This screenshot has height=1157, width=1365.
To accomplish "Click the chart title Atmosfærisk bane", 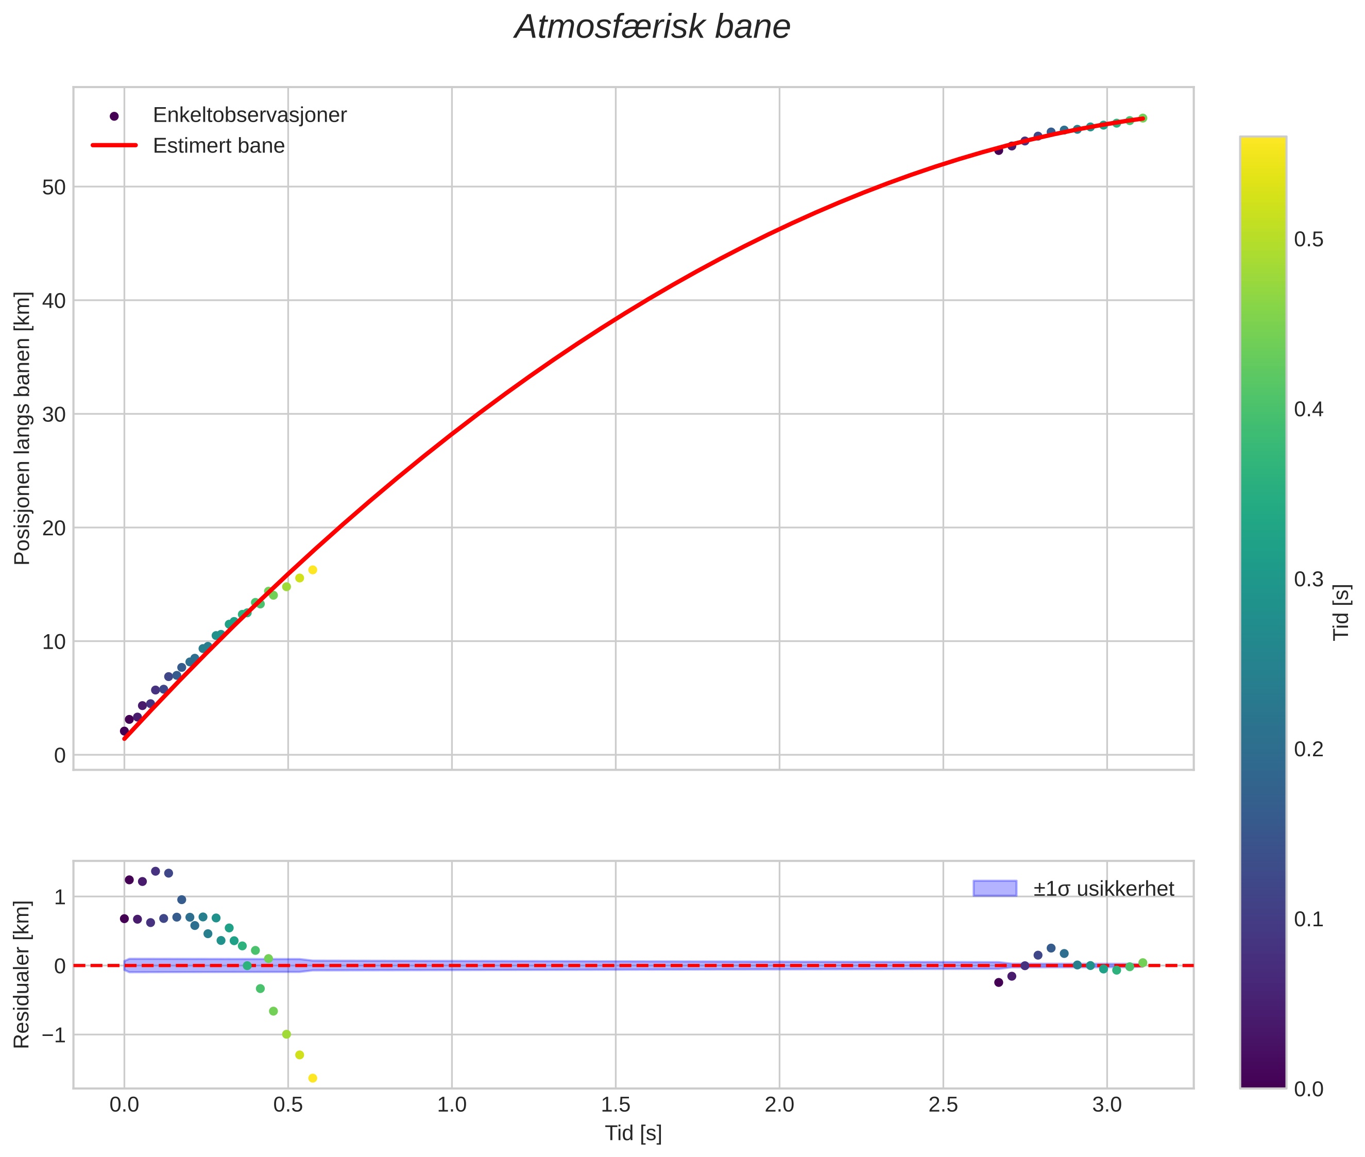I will (652, 27).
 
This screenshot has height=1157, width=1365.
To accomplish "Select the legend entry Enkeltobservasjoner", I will (249, 115).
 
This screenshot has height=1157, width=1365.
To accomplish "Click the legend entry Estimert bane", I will (218, 146).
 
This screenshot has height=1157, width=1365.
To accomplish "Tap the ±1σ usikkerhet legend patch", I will (995, 888).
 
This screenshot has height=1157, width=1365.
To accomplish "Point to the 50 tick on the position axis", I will (54, 188).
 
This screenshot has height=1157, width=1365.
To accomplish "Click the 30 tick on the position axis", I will (54, 415).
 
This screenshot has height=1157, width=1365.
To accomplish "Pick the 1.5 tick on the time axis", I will (615, 1105).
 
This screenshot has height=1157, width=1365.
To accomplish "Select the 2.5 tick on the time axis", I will (943, 1105).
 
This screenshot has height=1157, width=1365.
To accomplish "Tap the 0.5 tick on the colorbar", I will (1308, 240).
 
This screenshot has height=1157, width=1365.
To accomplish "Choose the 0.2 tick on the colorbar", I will (1308, 749).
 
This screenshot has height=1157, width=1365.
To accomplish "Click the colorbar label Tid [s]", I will (1342, 612).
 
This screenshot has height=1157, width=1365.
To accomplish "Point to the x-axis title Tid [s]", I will (633, 1133).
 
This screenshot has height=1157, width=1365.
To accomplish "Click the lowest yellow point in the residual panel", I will (313, 1078).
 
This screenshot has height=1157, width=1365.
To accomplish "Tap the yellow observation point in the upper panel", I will (313, 570).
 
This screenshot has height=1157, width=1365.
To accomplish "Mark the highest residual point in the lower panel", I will (156, 871).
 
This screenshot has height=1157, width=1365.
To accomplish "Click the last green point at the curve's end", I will (1142, 118).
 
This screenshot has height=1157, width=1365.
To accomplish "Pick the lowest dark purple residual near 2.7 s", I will (998, 982).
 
